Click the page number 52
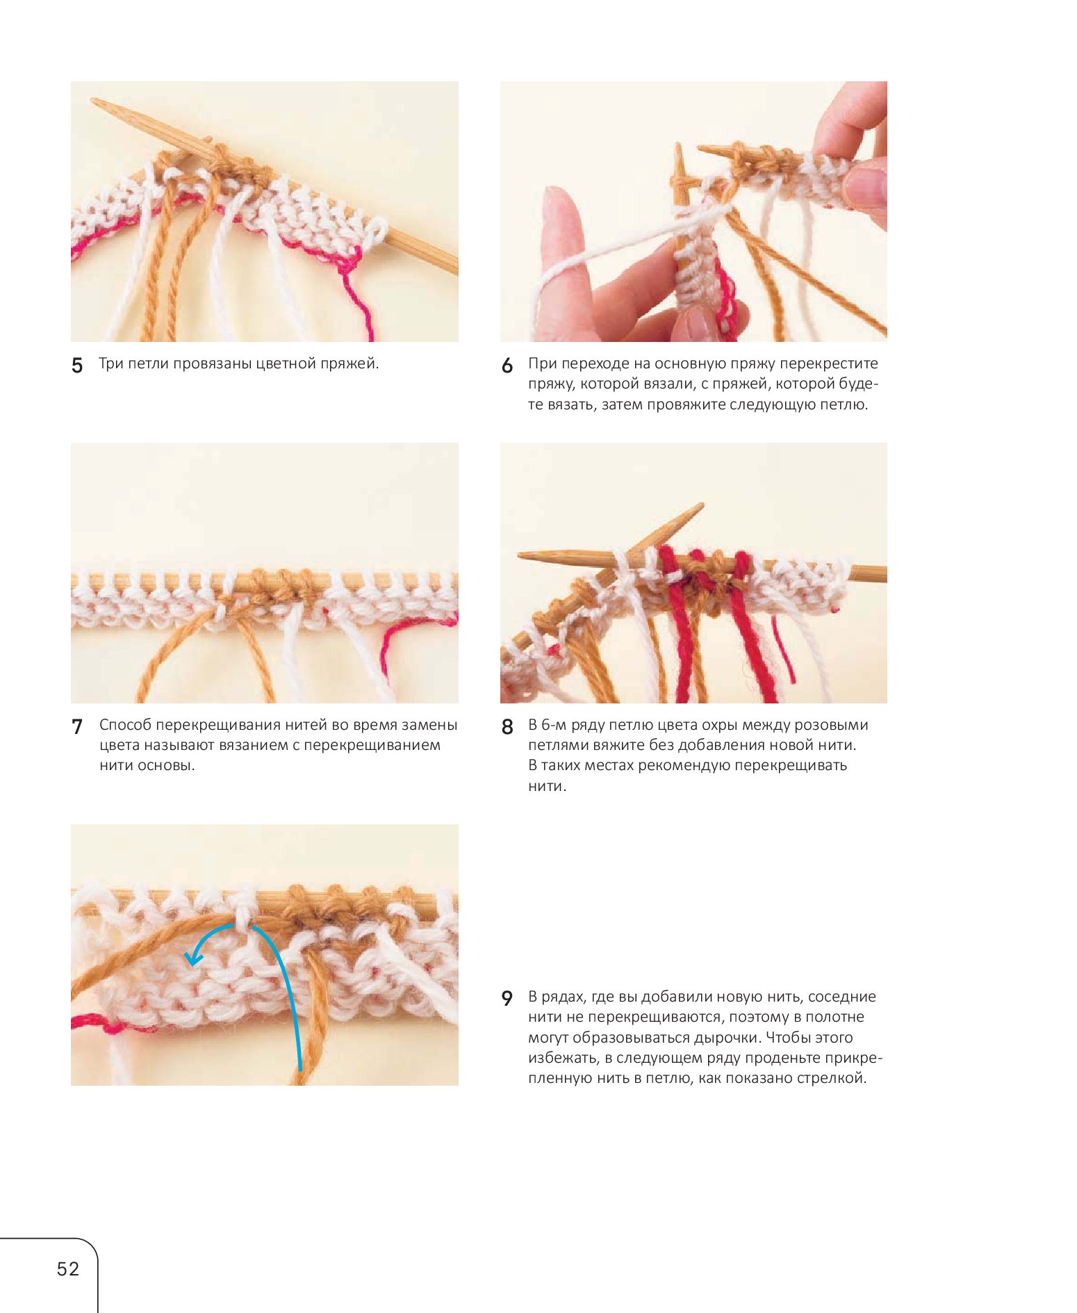point(68,1269)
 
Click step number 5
point(77,365)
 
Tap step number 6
point(507,365)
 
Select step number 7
point(77,726)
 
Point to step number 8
point(507,726)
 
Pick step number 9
point(507,998)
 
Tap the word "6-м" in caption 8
point(554,725)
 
